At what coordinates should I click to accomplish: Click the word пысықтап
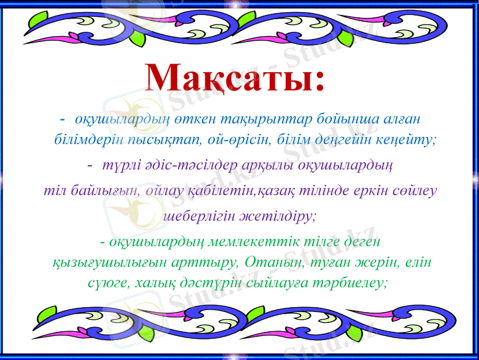coord(163,140)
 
